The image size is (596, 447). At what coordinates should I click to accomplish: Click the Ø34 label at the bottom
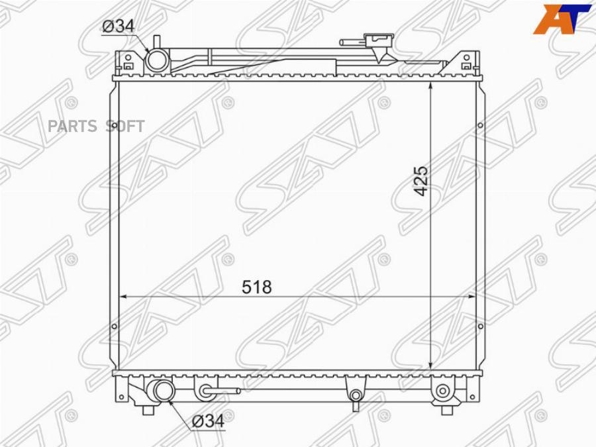pyautogui.click(x=207, y=420)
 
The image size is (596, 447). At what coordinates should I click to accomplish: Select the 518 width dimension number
pyautogui.click(x=257, y=287)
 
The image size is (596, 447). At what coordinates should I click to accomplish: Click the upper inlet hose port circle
pyautogui.click(x=158, y=61)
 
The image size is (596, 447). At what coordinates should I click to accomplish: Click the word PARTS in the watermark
pyautogui.click(x=73, y=126)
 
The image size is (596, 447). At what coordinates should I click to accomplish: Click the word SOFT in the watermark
pyautogui.click(x=125, y=126)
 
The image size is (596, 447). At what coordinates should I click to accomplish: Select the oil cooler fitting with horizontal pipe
pyautogui.click(x=207, y=391)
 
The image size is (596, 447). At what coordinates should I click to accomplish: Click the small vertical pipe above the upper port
pyautogui.click(x=156, y=42)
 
